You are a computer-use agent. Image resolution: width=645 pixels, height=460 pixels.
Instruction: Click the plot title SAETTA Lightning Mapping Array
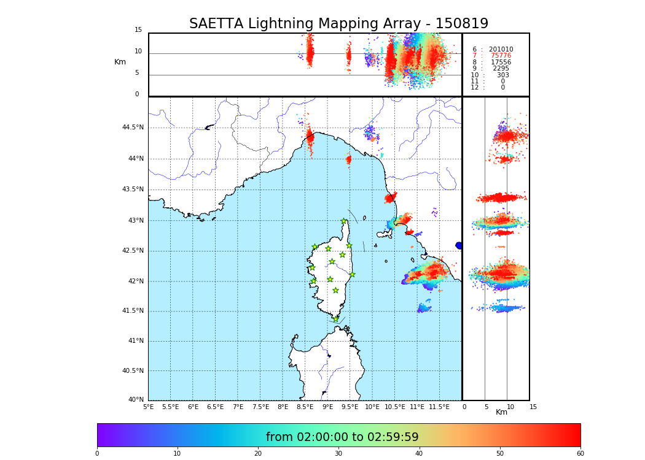point(338,24)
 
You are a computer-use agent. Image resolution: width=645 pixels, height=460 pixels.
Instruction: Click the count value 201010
point(501,49)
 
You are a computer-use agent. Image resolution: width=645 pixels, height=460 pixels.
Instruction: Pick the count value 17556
point(501,62)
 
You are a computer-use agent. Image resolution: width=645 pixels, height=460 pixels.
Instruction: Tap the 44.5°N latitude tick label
point(133,128)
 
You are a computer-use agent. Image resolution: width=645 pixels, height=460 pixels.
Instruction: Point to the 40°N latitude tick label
point(136,400)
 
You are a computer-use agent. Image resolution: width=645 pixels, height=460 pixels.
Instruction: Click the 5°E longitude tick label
point(148,407)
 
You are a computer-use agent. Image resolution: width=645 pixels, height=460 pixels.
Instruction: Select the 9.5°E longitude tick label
point(350,407)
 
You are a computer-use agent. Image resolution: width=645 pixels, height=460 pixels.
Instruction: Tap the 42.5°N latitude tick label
point(133,250)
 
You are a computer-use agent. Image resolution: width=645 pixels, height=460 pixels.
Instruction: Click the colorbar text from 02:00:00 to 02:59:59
point(342,437)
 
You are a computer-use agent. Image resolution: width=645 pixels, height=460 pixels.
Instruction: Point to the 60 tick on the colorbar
point(580,453)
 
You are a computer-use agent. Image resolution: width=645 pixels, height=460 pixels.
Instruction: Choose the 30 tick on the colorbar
point(338,453)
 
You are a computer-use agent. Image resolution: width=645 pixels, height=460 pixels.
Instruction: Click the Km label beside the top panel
point(120,62)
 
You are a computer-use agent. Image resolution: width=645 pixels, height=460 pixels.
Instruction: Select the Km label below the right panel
point(501,412)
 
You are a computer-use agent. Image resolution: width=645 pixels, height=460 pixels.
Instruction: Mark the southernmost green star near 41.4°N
point(335,319)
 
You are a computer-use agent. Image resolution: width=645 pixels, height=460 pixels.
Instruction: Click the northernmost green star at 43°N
point(344,221)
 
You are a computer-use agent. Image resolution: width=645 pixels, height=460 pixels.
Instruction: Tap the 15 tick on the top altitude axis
point(138,30)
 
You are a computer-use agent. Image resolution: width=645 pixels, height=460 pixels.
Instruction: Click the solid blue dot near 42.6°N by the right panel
point(459,245)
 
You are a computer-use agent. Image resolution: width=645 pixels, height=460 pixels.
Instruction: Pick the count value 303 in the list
point(502,75)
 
